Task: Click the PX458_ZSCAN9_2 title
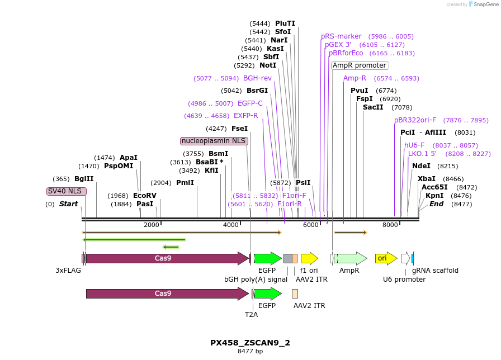pos(250,343)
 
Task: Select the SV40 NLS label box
pos(66,191)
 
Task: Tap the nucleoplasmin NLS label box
pos(214,141)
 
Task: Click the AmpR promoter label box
pos(360,65)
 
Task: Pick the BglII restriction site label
pos(84,179)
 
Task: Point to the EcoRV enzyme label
pos(145,196)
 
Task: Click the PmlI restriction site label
pos(185,183)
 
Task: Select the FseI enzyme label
pos(239,129)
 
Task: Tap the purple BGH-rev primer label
pos(257,78)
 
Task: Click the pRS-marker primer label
pos(341,36)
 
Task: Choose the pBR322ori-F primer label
pos(415,120)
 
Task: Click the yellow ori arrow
pos(385,258)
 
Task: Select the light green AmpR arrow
pos(351,258)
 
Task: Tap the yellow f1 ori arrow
pos(309,258)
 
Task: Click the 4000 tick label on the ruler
pos(231,225)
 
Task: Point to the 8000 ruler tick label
pos(390,225)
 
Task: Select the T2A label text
pos(252,314)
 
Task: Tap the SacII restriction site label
pos(373,107)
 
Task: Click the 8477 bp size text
pos(250,352)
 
